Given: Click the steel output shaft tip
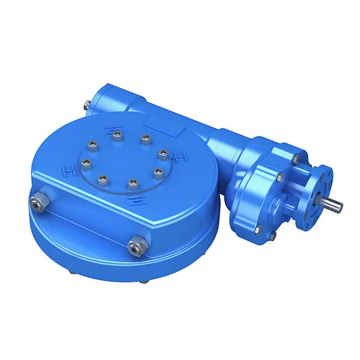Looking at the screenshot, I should tap(337, 206).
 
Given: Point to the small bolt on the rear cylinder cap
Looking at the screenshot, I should tap(88, 107).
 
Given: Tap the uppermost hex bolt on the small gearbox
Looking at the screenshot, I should tap(296, 158).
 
